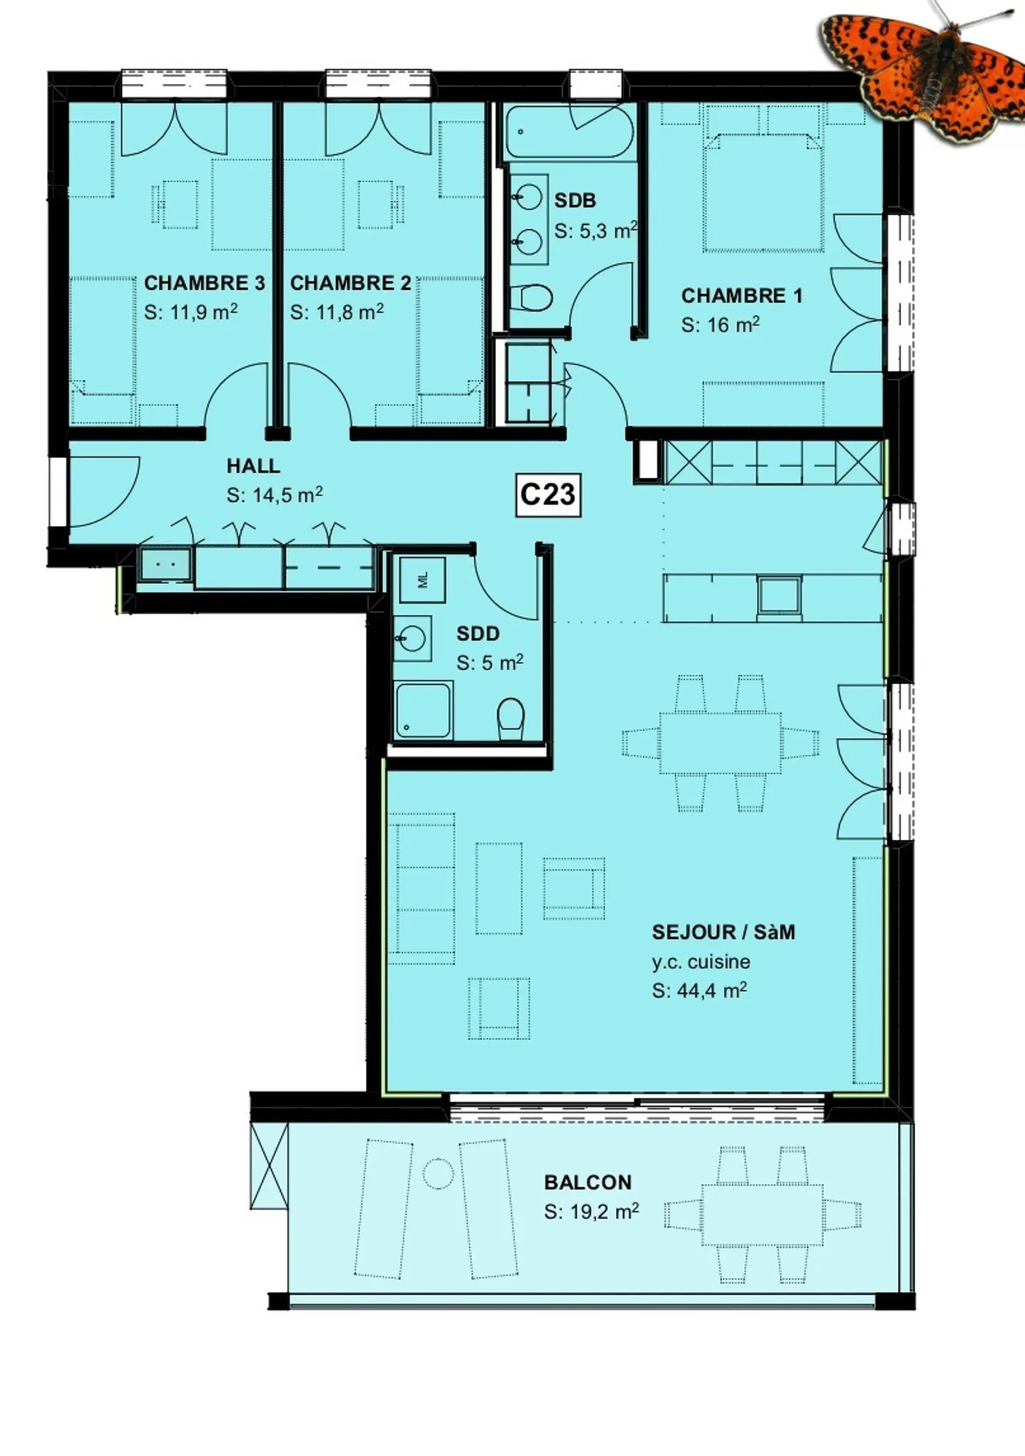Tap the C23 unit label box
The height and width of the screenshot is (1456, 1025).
(x=547, y=494)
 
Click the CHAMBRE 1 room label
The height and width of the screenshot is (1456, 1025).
(x=742, y=295)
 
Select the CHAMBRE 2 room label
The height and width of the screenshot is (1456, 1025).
(x=350, y=283)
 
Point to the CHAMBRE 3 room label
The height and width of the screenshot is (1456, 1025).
(x=204, y=283)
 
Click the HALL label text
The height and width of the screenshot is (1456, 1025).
(x=253, y=466)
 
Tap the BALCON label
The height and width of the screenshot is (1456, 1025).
(x=588, y=1182)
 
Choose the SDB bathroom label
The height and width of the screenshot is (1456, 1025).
(x=575, y=201)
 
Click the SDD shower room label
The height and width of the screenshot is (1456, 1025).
(x=478, y=633)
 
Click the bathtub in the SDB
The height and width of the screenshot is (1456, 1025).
(x=569, y=132)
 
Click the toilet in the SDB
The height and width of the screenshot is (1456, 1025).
(x=532, y=298)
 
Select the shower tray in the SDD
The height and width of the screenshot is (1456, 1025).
(x=424, y=710)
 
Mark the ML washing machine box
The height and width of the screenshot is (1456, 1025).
(x=423, y=580)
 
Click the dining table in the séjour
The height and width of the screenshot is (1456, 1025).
(x=720, y=743)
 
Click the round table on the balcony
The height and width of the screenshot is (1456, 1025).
(x=438, y=1173)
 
